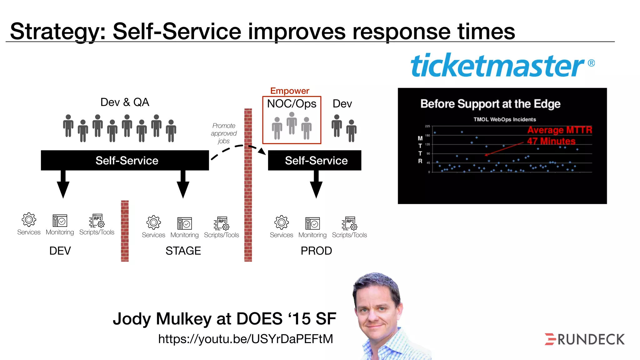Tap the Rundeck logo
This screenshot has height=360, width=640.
point(585,339)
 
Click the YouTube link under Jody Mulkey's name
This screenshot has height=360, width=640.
point(246,339)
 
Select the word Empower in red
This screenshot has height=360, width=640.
point(290,91)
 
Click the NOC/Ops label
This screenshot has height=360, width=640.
point(292,104)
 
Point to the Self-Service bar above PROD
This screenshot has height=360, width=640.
point(315,160)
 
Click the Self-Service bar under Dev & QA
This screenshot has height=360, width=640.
point(125,160)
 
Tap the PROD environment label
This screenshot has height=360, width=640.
point(316,251)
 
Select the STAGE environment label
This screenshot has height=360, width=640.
point(183,251)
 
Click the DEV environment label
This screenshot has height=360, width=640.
point(60,251)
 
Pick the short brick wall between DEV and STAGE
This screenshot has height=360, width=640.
point(125,231)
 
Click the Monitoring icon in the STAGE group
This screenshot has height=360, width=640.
point(184,223)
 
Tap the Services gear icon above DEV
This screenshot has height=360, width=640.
point(29,220)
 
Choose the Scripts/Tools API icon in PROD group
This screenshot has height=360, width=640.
point(349,223)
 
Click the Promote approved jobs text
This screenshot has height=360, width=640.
point(224,133)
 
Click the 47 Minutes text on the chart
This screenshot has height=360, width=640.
point(551,141)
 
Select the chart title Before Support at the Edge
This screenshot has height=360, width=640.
point(490,104)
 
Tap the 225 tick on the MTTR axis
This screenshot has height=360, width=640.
point(427,126)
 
